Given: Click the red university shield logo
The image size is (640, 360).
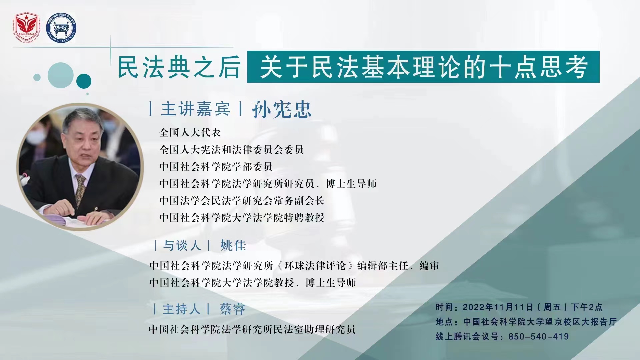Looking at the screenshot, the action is (x=26, y=28).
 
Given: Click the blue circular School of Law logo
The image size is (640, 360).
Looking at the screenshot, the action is (x=61, y=28).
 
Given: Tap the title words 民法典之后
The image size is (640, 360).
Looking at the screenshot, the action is (x=179, y=67).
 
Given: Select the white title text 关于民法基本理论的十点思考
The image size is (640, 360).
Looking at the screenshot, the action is (x=423, y=67).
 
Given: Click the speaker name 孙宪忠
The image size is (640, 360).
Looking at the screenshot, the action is (x=282, y=109).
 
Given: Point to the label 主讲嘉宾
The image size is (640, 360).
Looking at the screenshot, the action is (x=195, y=109).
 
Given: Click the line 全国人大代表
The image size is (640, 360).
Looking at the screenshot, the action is (x=190, y=132).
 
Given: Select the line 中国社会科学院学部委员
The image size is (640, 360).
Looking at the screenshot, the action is (x=216, y=166).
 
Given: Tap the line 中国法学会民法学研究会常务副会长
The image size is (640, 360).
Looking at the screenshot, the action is (x=242, y=200).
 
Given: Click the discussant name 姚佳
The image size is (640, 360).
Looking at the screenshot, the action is (x=233, y=245).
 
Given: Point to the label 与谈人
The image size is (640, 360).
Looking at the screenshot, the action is (x=182, y=245).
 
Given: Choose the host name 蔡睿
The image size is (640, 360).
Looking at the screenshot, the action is (x=232, y=309).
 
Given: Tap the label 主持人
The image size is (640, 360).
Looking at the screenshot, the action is (x=181, y=309).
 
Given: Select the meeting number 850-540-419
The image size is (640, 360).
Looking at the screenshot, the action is (x=539, y=336).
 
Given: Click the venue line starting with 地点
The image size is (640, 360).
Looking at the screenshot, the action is (x=526, y=322).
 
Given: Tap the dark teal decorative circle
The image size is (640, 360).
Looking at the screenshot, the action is (x=84, y=81).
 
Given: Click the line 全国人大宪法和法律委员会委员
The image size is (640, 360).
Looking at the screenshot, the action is (x=231, y=149).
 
